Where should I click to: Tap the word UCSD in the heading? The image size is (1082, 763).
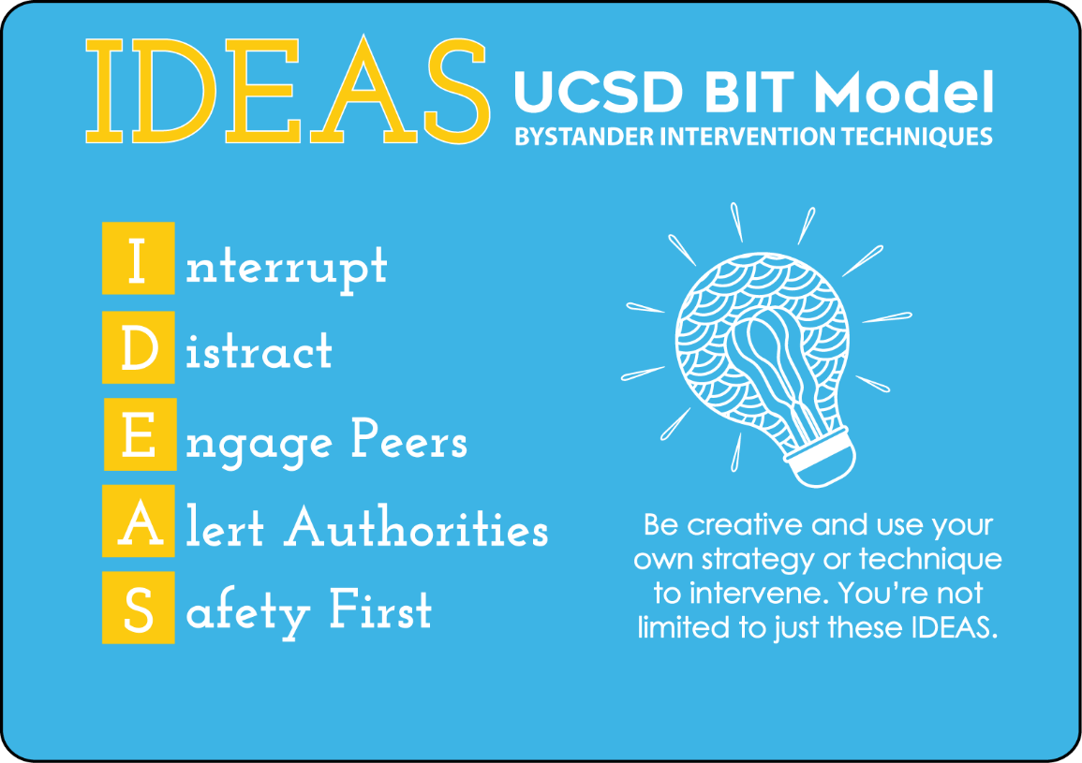(x=599, y=92)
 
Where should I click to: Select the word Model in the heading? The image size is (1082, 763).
(x=904, y=92)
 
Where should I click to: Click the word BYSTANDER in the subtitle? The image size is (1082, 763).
(x=585, y=137)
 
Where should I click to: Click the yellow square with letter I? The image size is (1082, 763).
(x=138, y=258)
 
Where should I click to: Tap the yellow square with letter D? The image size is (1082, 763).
(x=138, y=347)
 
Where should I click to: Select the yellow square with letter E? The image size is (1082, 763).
(x=141, y=434)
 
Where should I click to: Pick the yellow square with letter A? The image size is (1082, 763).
(x=138, y=521)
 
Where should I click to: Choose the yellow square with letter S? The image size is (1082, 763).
(x=138, y=607)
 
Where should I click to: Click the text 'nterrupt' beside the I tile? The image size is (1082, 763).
(x=287, y=269)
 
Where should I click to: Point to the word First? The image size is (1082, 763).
(x=380, y=609)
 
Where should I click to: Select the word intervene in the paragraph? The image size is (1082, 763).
(x=757, y=594)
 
